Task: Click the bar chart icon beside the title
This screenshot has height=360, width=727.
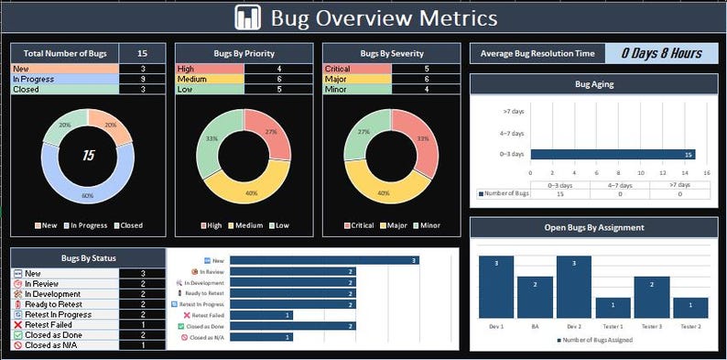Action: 247,17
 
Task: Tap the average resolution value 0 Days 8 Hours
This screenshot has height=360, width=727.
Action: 661,53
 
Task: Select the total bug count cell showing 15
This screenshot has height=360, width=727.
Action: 143,53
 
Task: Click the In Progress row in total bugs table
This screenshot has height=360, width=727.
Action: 64,79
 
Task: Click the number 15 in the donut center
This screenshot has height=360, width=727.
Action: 89,156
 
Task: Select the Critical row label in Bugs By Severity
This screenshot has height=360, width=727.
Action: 356,69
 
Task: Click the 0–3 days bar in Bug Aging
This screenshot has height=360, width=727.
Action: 613,154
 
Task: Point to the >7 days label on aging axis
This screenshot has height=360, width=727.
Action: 513,112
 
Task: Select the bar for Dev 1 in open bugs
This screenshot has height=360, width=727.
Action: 496,287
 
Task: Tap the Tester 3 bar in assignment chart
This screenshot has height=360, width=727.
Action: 652,297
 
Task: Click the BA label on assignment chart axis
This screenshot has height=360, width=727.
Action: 535,326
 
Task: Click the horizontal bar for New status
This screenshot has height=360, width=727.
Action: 324,261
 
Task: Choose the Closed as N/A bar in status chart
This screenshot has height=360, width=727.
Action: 262,337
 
